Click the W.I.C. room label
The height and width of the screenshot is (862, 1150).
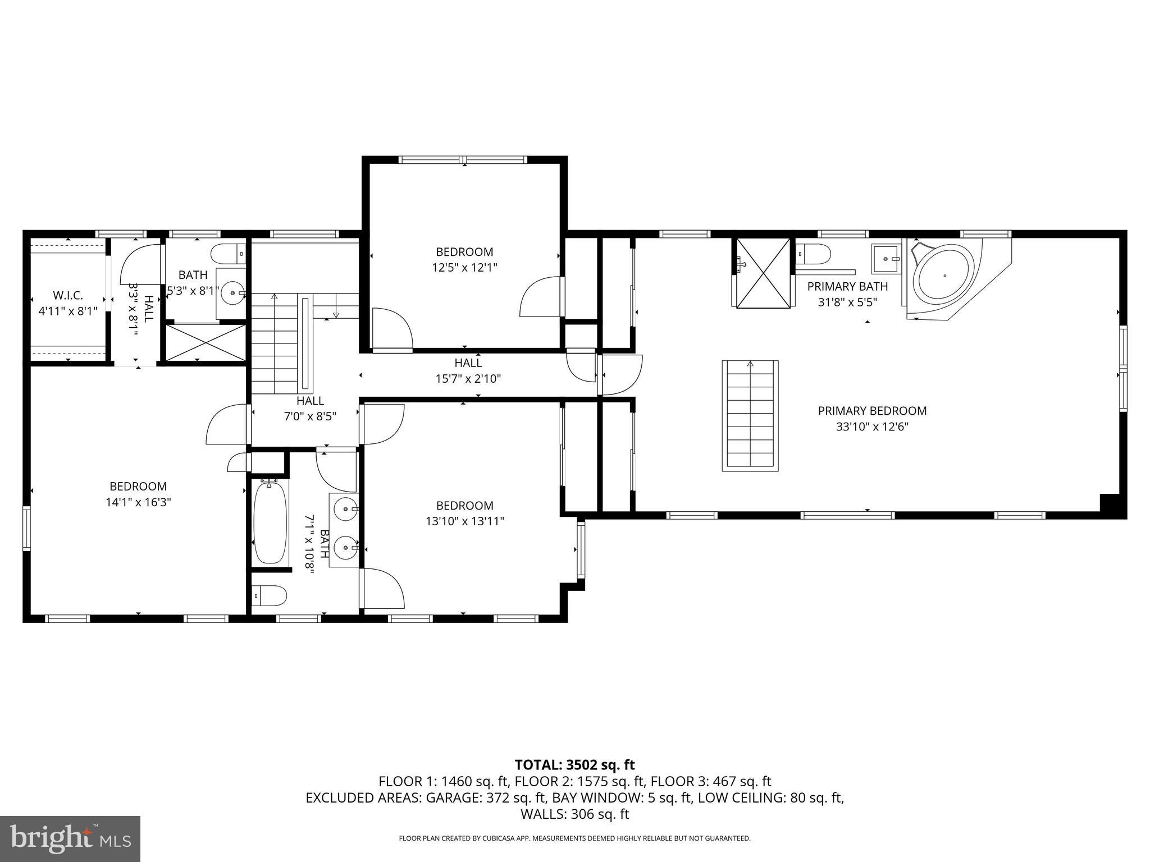click(67, 295)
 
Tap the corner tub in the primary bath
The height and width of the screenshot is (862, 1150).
click(944, 277)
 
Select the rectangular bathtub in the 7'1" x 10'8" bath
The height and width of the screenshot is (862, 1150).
click(270, 522)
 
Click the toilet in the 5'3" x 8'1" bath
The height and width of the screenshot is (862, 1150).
click(229, 254)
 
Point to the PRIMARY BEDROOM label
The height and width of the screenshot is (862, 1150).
click(871, 411)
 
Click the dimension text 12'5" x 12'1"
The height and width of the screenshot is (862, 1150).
click(464, 268)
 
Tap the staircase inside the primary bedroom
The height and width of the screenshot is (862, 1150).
click(750, 416)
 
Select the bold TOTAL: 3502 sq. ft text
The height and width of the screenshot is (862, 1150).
click(574, 765)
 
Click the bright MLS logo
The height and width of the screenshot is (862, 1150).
click(70, 838)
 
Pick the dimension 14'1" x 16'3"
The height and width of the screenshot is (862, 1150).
click(138, 502)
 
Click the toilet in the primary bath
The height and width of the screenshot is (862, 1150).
click(814, 254)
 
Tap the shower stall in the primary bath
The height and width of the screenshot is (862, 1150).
click(763, 273)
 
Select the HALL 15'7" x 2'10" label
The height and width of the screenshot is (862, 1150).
click(468, 370)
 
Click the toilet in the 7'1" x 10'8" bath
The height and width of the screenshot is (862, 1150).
click(269, 595)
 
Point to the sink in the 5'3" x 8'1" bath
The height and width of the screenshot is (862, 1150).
click(232, 292)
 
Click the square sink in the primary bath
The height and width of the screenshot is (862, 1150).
click(886, 259)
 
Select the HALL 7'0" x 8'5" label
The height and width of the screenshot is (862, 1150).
click(310, 409)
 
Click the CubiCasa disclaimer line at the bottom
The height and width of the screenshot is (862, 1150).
click(574, 838)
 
